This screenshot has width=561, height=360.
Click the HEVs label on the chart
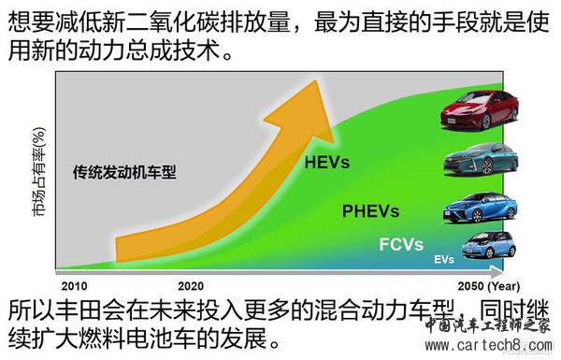[326, 163]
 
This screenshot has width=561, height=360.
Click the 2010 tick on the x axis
[73, 284]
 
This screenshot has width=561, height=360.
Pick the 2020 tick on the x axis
[191, 284]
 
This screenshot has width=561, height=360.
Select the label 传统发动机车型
[124, 173]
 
